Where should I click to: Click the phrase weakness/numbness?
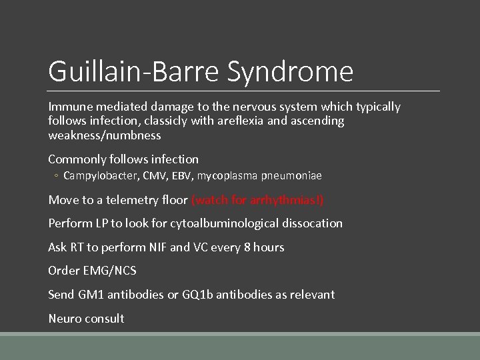(105, 135)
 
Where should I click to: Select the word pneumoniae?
(291, 176)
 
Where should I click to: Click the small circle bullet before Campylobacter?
(57, 176)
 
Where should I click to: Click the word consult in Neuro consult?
(104, 319)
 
